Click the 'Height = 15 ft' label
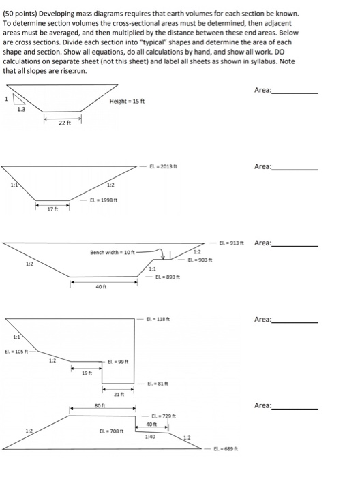tap(127, 102)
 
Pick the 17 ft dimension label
tap(52, 209)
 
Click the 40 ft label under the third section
tap(102, 286)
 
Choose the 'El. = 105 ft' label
tap(18, 352)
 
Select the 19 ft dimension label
tap(85, 372)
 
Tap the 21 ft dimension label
tap(117, 395)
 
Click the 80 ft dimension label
tap(98, 407)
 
